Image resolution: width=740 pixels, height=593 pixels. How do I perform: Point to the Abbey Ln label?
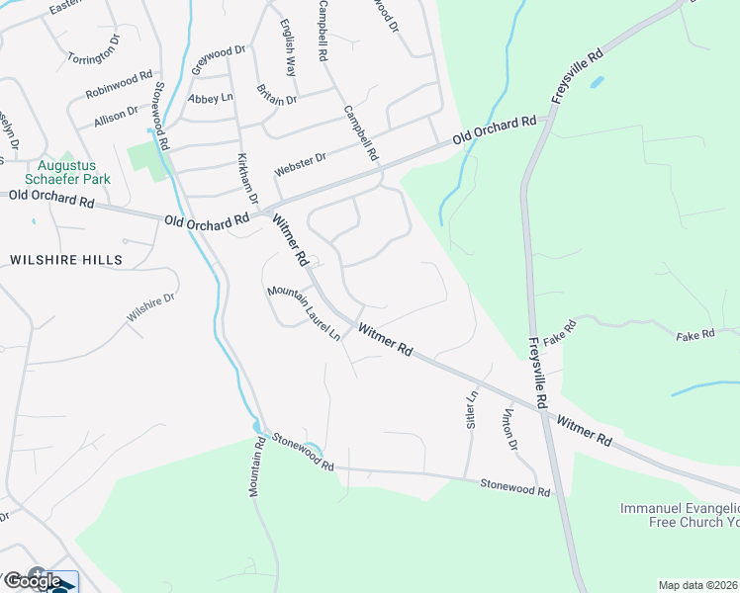pos(210,98)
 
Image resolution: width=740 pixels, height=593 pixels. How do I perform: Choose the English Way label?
pos(288,48)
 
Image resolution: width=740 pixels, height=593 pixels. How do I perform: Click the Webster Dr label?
pos(300,165)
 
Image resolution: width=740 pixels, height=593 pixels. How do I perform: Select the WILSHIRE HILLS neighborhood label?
pos(66,260)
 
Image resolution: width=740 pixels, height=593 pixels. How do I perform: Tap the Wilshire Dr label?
pos(150,308)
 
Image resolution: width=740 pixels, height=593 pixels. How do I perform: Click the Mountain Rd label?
pos(256,466)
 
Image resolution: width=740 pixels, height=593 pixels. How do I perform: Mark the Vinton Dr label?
pos(510,429)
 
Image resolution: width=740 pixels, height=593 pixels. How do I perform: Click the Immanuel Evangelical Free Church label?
pos(680,515)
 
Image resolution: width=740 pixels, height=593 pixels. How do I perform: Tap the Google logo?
pos(32,581)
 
